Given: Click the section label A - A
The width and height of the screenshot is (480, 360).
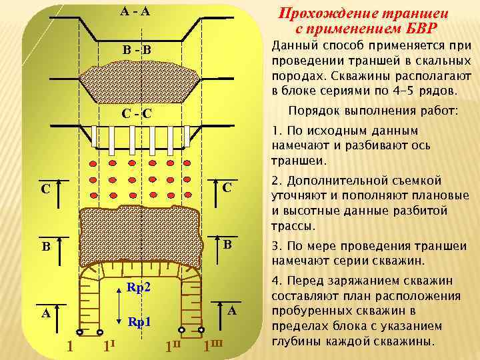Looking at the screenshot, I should [136, 11].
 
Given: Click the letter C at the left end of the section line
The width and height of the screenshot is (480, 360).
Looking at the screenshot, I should [45, 189].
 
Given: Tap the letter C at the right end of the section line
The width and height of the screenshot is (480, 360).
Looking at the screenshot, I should [227, 188].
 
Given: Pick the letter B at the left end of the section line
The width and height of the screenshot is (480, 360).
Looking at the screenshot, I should [45, 246].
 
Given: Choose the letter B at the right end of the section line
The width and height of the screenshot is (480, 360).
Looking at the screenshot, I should [227, 244].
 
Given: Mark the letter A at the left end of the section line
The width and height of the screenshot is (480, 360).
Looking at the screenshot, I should [45, 314].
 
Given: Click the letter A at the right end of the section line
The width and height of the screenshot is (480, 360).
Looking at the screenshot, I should [231, 311].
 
